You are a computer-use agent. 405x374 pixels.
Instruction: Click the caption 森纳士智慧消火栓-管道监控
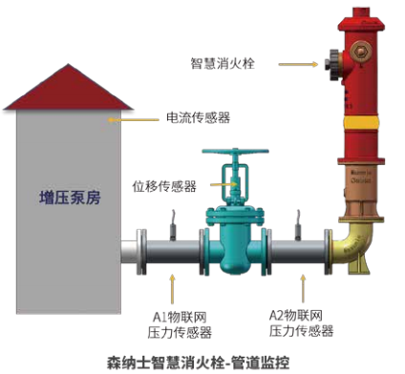click(202, 362)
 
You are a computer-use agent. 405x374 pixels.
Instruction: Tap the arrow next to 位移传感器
click(220, 185)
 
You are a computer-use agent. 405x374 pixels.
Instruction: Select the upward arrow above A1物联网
click(174, 287)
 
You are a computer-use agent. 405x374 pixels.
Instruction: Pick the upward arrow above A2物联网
click(305, 287)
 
